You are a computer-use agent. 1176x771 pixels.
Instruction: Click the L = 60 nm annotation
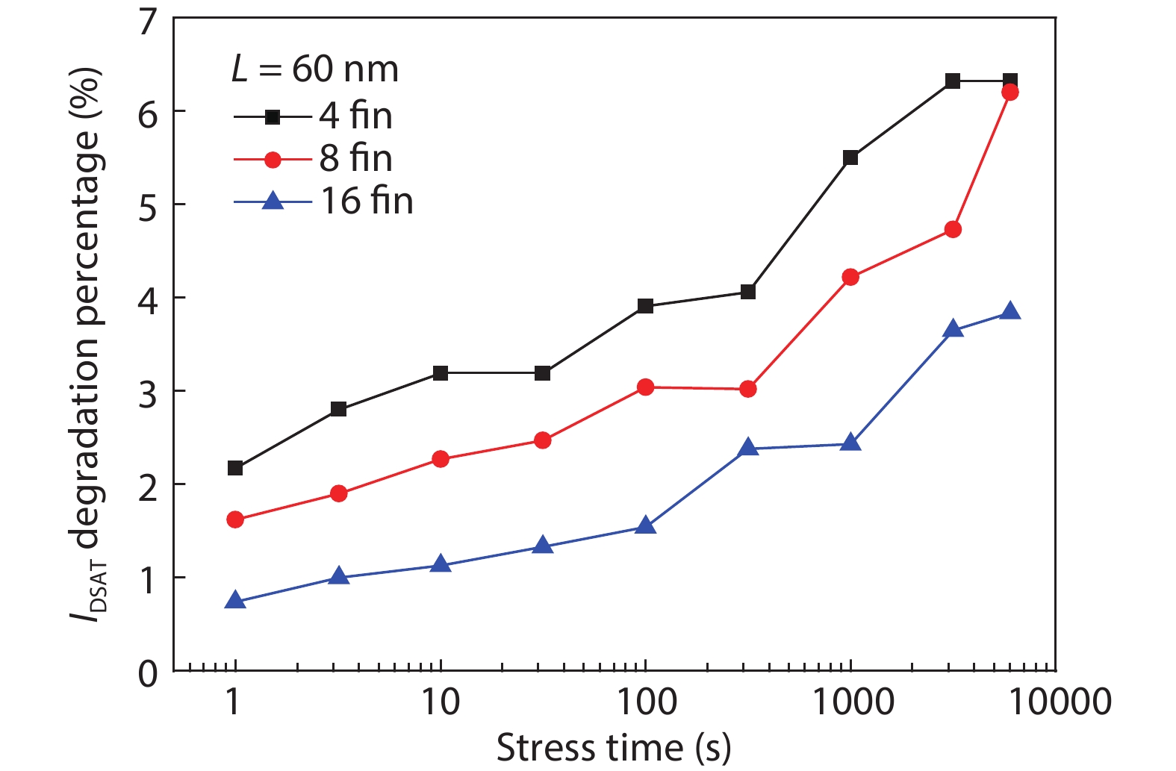pos(314,69)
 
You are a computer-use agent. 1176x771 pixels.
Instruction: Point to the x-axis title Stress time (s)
pos(613,748)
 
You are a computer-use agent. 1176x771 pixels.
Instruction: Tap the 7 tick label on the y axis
pos(149,20)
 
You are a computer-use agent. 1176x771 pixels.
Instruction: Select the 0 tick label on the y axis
pos(149,674)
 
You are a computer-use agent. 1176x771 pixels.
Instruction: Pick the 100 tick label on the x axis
pos(645,702)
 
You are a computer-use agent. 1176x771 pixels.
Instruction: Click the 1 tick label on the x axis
pos(234,702)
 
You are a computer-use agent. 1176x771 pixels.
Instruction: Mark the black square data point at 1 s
pos(235,468)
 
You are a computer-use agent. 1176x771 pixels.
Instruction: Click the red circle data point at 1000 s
pos(850,277)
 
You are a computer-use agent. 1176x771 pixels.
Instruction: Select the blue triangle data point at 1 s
pos(235,601)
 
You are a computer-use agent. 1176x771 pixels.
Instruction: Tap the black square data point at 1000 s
pos(850,157)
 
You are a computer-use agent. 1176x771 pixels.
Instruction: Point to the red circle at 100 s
pos(646,387)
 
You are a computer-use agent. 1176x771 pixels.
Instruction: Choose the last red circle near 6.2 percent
pos(1010,92)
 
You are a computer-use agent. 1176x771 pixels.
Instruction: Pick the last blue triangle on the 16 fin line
pos(1010,311)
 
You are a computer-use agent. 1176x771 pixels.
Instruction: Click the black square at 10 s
pos(441,372)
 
